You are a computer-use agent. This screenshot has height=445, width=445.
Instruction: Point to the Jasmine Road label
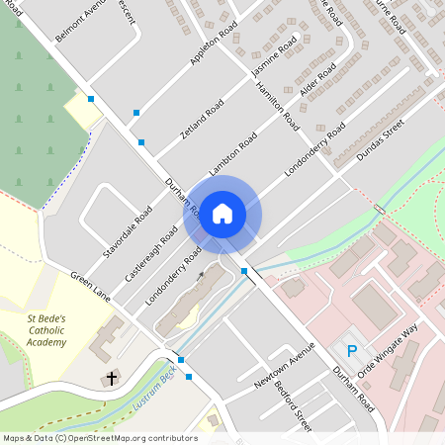coord(275,61)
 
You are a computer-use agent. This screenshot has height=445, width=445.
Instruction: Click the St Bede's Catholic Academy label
coord(46,330)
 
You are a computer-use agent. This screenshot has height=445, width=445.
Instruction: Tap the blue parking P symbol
coord(351,350)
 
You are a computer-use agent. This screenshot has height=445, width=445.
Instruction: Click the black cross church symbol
coord(111,378)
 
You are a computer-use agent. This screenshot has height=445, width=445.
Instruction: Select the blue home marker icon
coord(222,213)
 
